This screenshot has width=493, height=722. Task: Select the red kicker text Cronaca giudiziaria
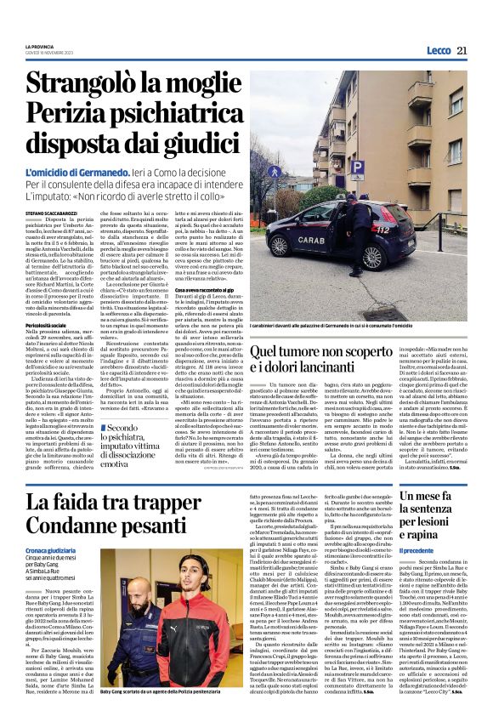(x=50, y=551)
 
